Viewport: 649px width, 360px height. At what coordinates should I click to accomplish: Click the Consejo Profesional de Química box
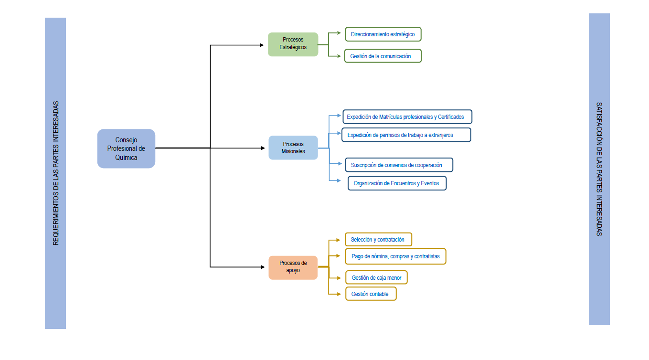pos(126,148)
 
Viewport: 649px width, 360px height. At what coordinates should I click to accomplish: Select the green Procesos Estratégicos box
pos(293,44)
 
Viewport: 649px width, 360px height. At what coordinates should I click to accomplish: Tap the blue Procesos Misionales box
pos(293,148)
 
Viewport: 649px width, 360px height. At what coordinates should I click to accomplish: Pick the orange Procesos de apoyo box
pos(293,267)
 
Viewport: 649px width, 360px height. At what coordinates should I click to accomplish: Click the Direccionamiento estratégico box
pos(383,34)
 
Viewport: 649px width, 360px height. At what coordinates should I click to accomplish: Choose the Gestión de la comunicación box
pos(383,56)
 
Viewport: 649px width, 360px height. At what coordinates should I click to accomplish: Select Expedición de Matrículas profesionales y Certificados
pos(407,116)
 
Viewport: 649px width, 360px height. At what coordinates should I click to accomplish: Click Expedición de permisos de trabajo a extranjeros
pos(406,135)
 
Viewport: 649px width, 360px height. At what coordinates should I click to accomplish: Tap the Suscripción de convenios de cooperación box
pos(399,165)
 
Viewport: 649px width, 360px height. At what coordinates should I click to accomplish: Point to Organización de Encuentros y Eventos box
pos(397,183)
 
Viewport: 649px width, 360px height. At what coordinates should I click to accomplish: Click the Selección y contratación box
pos(378,240)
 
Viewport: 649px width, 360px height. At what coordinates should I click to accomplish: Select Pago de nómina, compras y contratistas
pos(395,256)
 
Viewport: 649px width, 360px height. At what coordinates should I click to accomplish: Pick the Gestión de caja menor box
pos(376,277)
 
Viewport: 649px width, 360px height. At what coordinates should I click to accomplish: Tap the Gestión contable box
pos(371,294)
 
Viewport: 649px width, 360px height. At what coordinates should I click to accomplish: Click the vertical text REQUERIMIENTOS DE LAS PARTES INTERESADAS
pos(55,173)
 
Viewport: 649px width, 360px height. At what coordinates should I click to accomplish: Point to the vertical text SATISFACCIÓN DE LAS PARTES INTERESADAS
pos(599,169)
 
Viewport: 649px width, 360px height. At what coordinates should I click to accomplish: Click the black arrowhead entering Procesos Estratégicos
pos(262,45)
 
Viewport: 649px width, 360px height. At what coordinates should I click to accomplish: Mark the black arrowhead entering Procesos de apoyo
pos(263,267)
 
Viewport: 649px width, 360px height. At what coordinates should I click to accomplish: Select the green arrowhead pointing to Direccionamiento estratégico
pos(339,33)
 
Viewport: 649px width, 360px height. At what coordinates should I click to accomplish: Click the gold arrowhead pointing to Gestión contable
pos(339,294)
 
